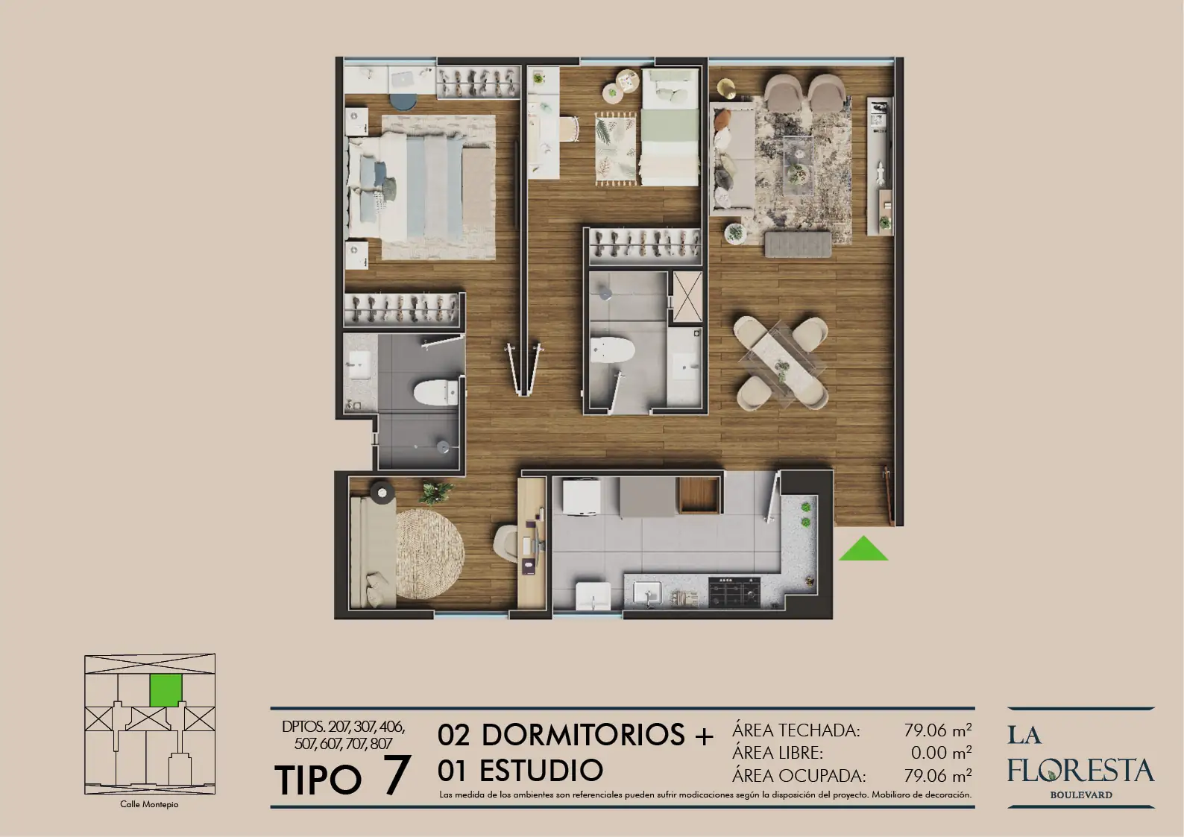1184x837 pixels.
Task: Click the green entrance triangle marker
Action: pos(863,550)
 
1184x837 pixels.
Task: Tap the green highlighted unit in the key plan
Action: pos(166,691)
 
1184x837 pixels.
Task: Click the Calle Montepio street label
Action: pos(149,804)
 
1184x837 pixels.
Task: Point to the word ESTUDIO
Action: pos(541,770)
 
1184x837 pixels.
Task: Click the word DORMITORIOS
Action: pos(583,734)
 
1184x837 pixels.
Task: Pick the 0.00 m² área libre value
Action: pos(942,752)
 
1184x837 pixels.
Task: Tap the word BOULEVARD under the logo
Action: pos(1081,795)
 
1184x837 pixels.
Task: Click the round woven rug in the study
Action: pos(429,554)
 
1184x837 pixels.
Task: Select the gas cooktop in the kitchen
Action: pos(734,592)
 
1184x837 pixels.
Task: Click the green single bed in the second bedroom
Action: pos(670,127)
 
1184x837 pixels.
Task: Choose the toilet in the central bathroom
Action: pos(612,350)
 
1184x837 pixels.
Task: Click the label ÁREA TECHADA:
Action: pos(796,730)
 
